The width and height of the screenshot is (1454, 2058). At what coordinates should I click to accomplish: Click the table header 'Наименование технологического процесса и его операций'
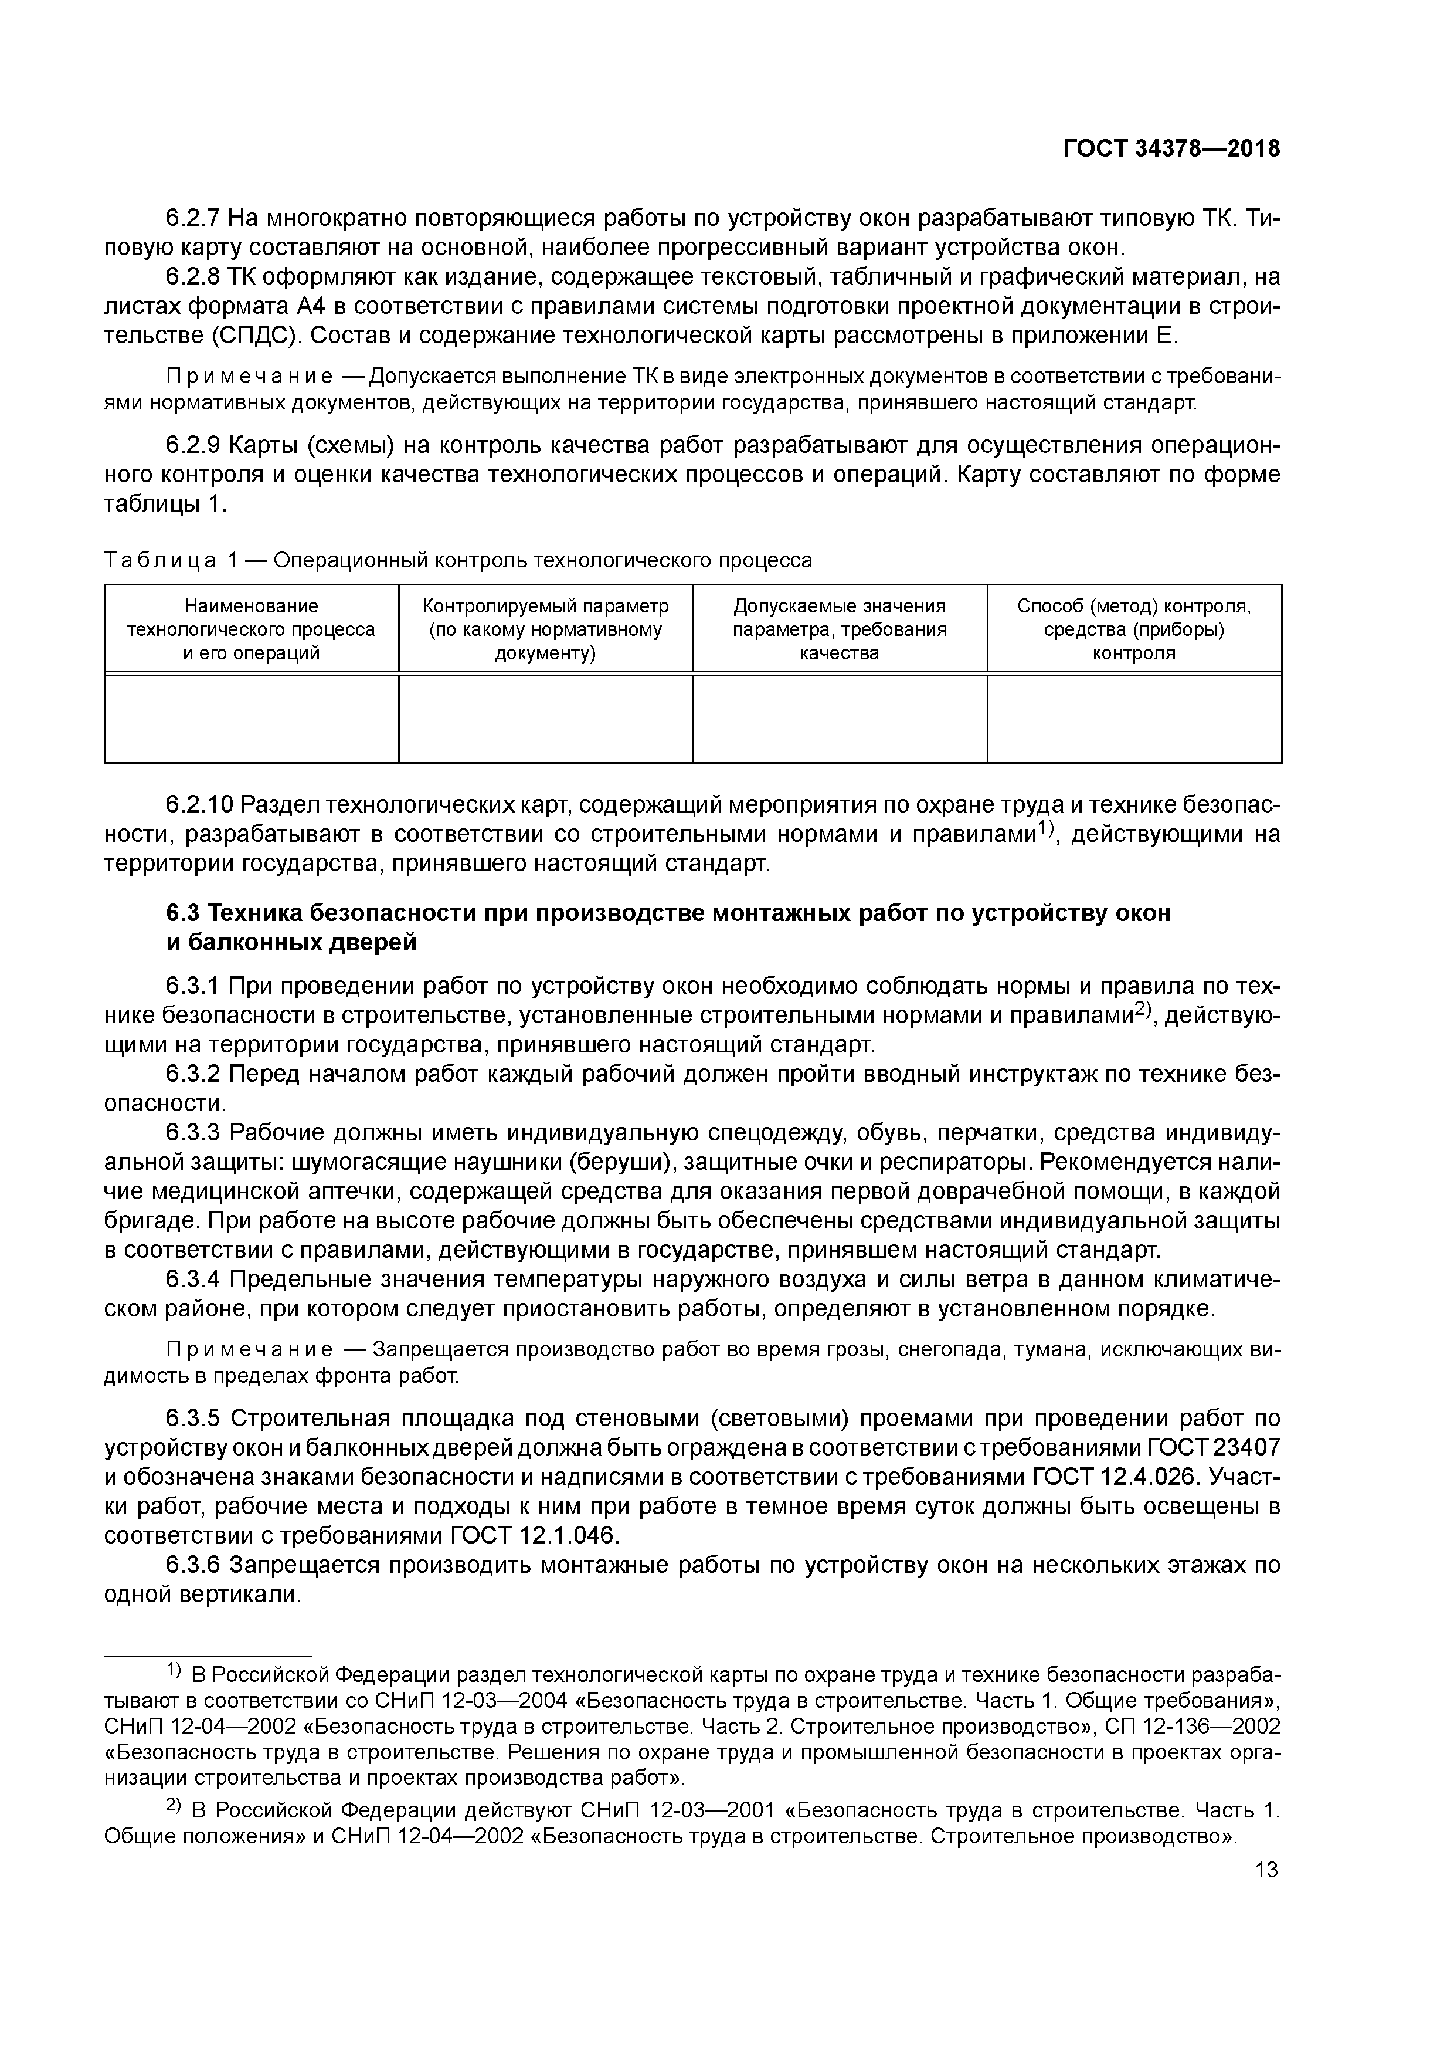pyautogui.click(x=251, y=629)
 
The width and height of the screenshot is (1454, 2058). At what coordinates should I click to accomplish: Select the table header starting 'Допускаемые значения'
pyautogui.click(x=840, y=629)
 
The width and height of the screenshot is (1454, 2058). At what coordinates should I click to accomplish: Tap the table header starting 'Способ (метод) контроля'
pyautogui.click(x=1133, y=629)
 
